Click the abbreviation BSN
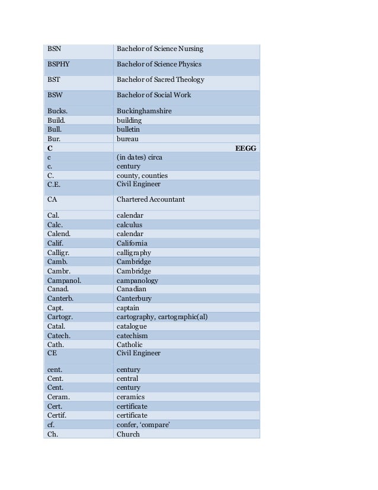pos(54,49)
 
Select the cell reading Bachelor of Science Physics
pos(159,64)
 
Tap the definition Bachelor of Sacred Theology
pos(160,79)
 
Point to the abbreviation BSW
pos(55,95)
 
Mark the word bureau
pos(127,139)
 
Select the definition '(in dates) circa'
pos(139,157)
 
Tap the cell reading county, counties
pos(142,176)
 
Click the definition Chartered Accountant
pos(150,199)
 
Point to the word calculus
pos(129,225)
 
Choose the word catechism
pos(132,336)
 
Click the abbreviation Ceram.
pos(58,397)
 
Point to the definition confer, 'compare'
pos(143,425)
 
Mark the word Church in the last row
pos(128,434)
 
